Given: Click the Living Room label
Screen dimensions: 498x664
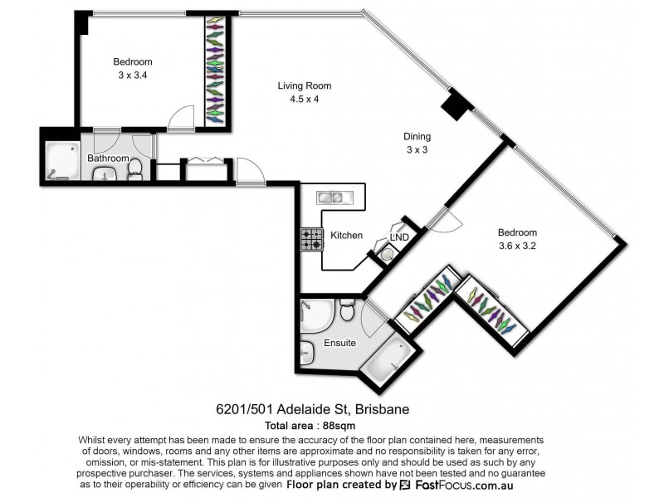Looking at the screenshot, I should tap(305, 85).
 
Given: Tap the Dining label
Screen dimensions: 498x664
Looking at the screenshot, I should tap(417, 137).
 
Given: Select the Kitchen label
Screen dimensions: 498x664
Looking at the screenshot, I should tap(346, 236).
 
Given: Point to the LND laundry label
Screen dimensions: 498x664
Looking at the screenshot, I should tap(400, 237).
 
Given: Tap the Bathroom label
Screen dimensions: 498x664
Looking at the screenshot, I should tap(109, 159).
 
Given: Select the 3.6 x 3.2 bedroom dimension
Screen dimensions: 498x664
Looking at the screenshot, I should tap(517, 247).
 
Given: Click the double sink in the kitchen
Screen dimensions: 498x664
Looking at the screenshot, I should tap(334, 198).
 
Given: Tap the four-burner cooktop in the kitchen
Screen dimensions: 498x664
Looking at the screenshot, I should tap(311, 239).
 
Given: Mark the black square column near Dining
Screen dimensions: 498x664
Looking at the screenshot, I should tap(455, 107).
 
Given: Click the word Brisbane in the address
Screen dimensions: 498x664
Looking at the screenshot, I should tap(383, 409).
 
